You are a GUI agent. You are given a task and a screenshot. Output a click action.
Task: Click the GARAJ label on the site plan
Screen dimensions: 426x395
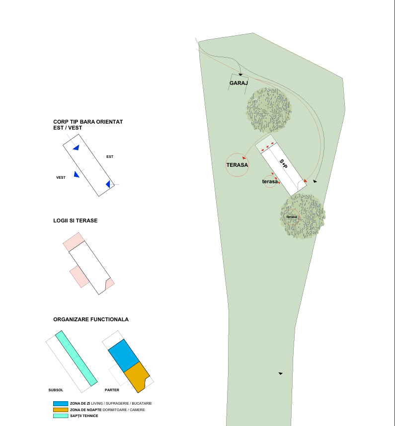pyautogui.click(x=238, y=83)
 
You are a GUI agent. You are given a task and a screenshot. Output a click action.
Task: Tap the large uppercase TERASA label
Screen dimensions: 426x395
pyautogui.click(x=237, y=165)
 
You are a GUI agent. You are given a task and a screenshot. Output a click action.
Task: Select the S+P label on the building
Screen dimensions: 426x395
pyautogui.click(x=283, y=164)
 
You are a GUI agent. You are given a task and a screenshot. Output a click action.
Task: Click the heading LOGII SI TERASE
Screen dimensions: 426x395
pyautogui.click(x=75, y=220)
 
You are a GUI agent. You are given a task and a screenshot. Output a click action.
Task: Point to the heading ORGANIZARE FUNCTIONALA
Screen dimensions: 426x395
pyautogui.click(x=91, y=319)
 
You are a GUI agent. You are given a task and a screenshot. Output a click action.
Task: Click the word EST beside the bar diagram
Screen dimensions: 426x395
pyautogui.click(x=110, y=157)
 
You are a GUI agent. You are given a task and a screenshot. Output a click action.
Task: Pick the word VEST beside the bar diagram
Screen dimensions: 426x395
pyautogui.click(x=61, y=177)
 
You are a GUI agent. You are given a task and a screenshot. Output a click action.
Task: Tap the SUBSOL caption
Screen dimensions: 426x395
pyautogui.click(x=56, y=390)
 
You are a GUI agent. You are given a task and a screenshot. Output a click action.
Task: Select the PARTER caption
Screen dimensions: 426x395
pyautogui.click(x=112, y=390)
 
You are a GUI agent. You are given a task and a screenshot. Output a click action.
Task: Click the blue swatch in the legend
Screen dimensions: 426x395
pyautogui.click(x=60, y=403)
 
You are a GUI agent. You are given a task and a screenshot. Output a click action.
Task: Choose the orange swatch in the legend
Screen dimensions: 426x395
pyautogui.click(x=60, y=410)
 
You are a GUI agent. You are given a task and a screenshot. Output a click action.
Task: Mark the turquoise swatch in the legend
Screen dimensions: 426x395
pyautogui.click(x=60, y=416)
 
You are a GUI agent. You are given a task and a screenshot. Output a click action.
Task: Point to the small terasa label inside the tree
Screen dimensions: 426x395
pyautogui.click(x=292, y=217)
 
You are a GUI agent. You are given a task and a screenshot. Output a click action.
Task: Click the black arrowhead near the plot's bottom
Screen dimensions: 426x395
pyautogui.click(x=280, y=373)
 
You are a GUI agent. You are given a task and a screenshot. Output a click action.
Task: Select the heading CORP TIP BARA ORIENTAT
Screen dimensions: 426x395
pyautogui.click(x=88, y=122)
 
